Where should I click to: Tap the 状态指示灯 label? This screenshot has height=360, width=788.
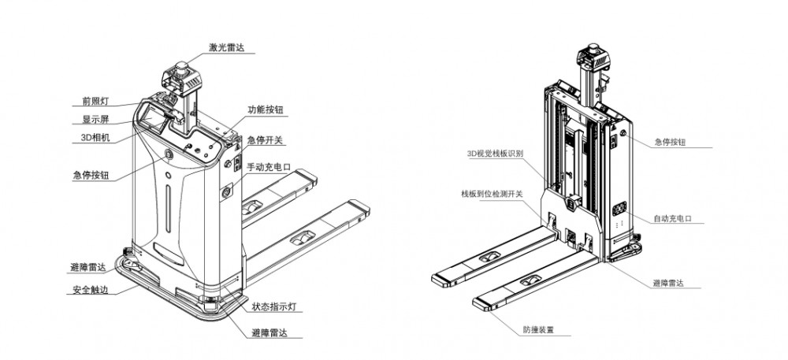pos(273,304)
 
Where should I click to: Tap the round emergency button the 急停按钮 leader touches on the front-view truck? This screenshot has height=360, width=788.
pos(169,155)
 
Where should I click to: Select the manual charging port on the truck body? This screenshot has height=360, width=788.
pos(228,191)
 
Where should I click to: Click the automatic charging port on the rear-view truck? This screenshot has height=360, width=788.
pos(619,210)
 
